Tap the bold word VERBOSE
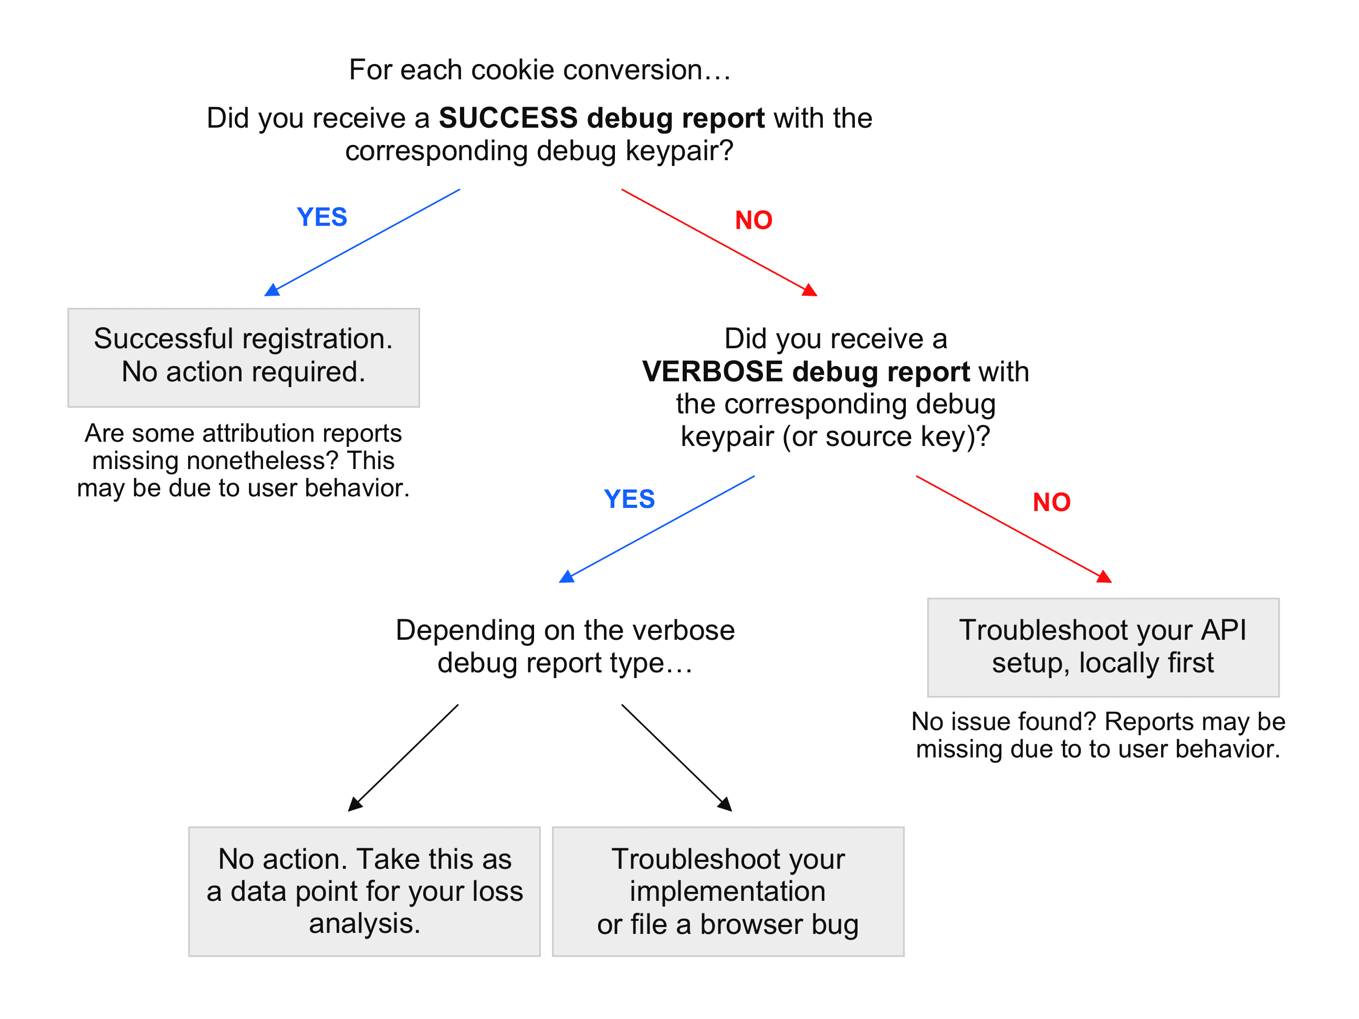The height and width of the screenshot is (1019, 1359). click(x=712, y=372)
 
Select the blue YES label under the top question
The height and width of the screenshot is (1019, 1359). click(x=322, y=217)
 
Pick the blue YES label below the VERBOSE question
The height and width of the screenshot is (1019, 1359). click(x=629, y=499)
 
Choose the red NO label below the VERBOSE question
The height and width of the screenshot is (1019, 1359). click(x=1051, y=502)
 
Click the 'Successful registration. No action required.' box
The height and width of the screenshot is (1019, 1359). click(x=243, y=357)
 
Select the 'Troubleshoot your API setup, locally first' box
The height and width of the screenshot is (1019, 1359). click(x=1103, y=647)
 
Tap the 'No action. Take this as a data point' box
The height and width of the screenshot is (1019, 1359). click(x=364, y=891)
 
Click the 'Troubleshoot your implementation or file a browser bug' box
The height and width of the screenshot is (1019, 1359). click(x=727, y=891)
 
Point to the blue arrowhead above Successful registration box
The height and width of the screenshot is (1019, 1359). click(x=272, y=290)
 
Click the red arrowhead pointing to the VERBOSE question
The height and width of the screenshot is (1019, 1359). click(x=810, y=290)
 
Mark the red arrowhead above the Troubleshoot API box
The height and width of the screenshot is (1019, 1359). click(x=1104, y=577)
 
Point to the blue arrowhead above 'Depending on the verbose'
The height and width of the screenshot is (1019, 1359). click(x=567, y=577)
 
